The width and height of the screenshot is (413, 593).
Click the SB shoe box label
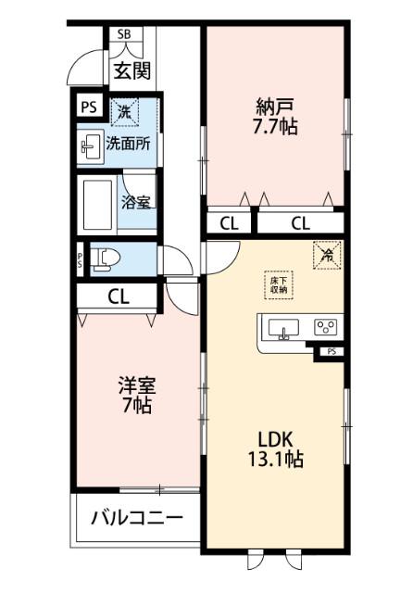[x=123, y=34]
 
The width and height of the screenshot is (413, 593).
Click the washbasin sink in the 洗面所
[x=91, y=145]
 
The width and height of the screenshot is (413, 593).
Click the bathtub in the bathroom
[x=98, y=203]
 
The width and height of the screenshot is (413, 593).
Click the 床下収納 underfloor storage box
[x=278, y=284]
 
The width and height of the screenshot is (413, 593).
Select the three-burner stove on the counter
[x=325, y=327]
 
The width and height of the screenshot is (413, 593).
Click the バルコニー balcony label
[x=137, y=519]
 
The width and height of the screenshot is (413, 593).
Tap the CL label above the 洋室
[x=119, y=297]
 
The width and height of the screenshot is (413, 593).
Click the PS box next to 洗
[x=88, y=107]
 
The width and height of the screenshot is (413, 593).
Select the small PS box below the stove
[x=330, y=353]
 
